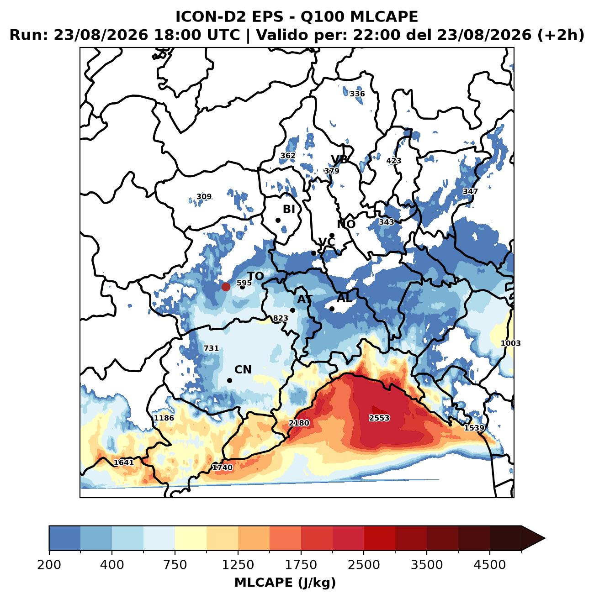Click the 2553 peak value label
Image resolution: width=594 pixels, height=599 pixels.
[379, 418]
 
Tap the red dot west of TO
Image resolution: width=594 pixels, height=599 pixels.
[226, 287]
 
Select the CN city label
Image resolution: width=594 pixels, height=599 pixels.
[243, 370]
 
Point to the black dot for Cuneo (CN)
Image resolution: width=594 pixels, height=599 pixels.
[229, 380]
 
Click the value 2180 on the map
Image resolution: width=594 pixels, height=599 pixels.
[299, 423]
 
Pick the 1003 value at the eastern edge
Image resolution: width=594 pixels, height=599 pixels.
[510, 343]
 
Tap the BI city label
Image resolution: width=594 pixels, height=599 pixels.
[289, 209]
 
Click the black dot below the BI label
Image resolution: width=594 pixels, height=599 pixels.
[278, 220]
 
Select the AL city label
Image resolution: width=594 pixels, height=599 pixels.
[345, 298]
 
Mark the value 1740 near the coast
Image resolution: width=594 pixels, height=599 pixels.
[222, 467]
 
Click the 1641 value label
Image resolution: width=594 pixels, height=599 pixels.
[123, 462]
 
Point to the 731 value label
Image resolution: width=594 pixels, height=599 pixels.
[211, 348]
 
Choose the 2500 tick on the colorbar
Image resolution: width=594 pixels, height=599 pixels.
[364, 555]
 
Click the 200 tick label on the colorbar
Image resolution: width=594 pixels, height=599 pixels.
[49, 564]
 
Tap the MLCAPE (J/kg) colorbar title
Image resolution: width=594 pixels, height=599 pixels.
[285, 582]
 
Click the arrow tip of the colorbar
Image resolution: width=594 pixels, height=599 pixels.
[545, 538]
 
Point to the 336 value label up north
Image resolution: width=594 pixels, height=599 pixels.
[357, 94]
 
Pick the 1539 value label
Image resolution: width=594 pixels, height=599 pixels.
[474, 428]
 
